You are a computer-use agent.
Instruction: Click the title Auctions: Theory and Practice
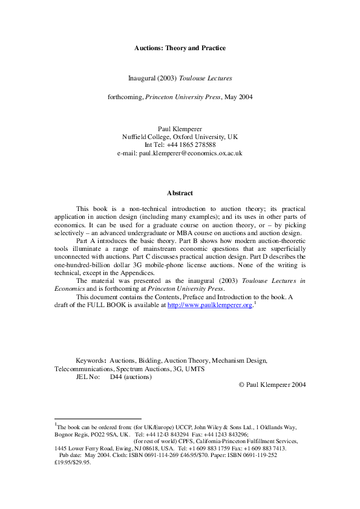point(180,48)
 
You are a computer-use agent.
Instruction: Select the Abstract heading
point(180,193)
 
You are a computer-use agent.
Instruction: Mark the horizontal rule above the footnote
point(97,418)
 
